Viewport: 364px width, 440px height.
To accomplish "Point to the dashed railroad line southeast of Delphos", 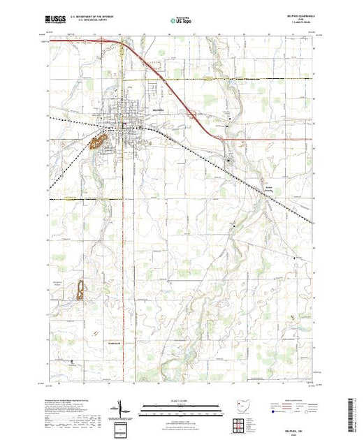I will [265, 182].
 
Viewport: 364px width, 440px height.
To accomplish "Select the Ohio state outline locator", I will [240, 404].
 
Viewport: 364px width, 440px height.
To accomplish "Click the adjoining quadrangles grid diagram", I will [240, 424].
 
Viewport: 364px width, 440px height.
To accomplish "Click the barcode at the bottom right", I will [353, 412].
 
